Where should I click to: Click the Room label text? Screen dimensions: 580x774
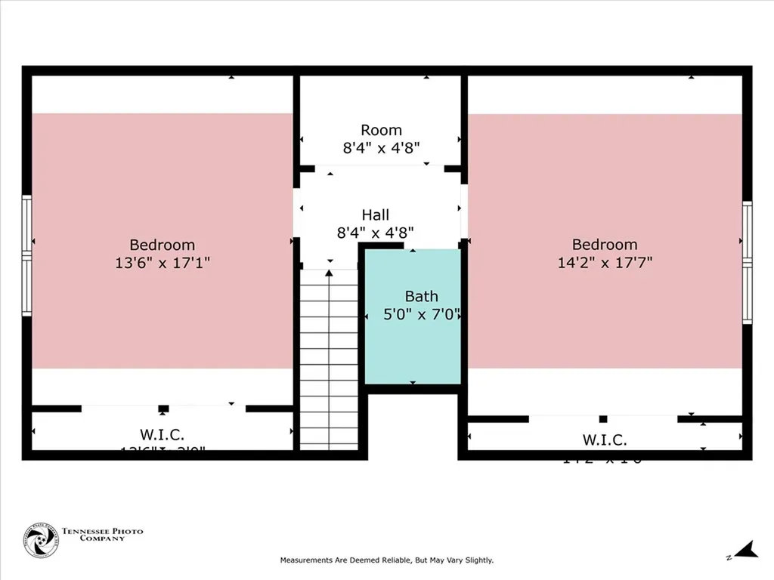point(381,130)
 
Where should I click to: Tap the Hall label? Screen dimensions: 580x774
point(376,215)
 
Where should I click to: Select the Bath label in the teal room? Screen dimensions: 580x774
point(421,297)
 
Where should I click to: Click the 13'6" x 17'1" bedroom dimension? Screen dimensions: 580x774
point(162,263)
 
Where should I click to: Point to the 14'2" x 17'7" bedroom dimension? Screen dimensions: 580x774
point(605,263)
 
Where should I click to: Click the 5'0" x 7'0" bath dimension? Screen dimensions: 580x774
point(422,314)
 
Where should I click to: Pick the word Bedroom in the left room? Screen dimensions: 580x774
point(162,245)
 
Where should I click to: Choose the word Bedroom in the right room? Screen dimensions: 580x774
point(605,245)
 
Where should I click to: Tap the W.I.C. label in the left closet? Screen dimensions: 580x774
point(162,434)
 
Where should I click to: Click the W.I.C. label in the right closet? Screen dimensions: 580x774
point(604,440)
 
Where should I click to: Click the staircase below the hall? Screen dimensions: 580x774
point(329,362)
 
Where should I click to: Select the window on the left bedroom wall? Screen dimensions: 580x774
point(26,255)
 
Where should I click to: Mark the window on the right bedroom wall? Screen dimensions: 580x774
point(747,263)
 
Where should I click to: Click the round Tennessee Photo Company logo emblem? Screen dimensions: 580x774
point(41,540)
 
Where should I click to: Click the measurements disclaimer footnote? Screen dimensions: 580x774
point(386,560)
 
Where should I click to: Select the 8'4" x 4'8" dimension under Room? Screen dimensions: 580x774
point(381,148)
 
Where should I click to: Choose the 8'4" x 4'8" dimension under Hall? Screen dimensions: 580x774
point(376,233)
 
